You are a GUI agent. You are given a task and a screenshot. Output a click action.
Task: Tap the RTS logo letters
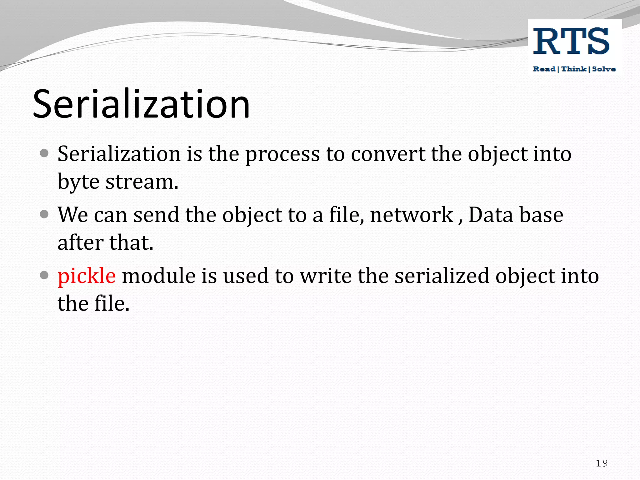tap(571, 41)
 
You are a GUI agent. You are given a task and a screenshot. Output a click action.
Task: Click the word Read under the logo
tap(544, 69)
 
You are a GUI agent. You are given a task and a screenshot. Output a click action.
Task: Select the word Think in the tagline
tap(574, 69)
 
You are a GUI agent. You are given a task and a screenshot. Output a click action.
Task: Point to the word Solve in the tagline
tap(604, 69)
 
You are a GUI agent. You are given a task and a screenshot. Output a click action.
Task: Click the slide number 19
tap(602, 463)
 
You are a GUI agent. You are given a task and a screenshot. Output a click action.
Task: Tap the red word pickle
tap(87, 276)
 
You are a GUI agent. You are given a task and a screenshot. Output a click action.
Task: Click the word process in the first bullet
tap(282, 154)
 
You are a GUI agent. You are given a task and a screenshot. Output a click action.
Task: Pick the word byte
tap(78, 182)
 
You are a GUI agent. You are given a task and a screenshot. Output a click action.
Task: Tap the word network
tap(412, 215)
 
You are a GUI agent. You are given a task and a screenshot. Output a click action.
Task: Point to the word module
tap(159, 276)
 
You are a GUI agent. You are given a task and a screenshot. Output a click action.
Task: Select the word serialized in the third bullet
tap(442, 276)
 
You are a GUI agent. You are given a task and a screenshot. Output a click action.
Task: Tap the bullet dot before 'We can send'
tap(44, 214)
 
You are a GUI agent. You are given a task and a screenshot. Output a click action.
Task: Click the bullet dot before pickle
tap(44, 275)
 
